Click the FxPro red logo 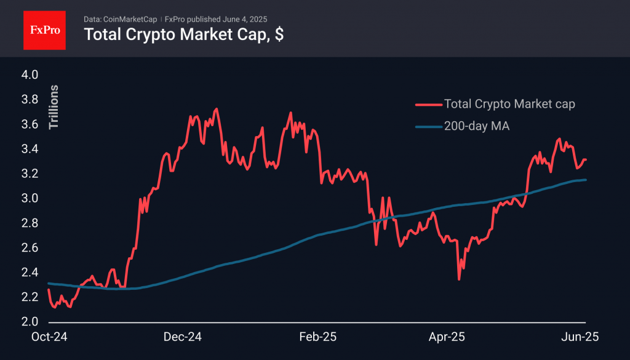point(44,29)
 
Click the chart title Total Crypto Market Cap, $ point(183,35)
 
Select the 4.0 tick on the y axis point(30,75)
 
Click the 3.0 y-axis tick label point(30,199)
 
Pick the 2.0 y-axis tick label point(30,322)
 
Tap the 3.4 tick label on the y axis point(30,150)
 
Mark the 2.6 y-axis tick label point(30,248)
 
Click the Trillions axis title point(54,107)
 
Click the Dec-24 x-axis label point(183,337)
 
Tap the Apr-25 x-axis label point(446,337)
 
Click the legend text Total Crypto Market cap point(509,104)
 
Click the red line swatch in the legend point(426,105)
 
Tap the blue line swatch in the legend point(426,127)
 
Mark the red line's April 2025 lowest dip point(459,279)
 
